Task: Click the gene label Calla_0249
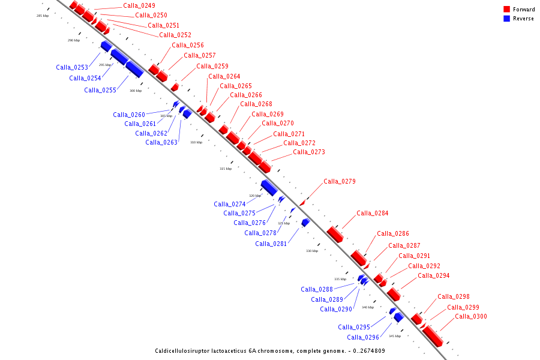coord(139,6)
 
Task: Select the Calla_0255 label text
coord(100,90)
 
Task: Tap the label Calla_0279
coord(340,181)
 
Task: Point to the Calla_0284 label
coord(373,213)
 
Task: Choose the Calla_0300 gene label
coord(471,316)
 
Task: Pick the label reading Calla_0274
coord(230,204)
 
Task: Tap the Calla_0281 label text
coord(271,244)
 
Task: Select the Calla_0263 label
coord(161,142)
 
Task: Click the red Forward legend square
coord(506,10)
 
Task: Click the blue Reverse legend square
coord(506,19)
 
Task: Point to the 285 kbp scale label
coord(42,16)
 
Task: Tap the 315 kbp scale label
coord(225,169)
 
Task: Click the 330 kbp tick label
coord(312,251)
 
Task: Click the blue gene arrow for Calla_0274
coord(269,188)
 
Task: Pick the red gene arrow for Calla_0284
coord(335,234)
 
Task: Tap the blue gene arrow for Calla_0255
coord(134,69)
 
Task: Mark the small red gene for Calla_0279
coord(302,203)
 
